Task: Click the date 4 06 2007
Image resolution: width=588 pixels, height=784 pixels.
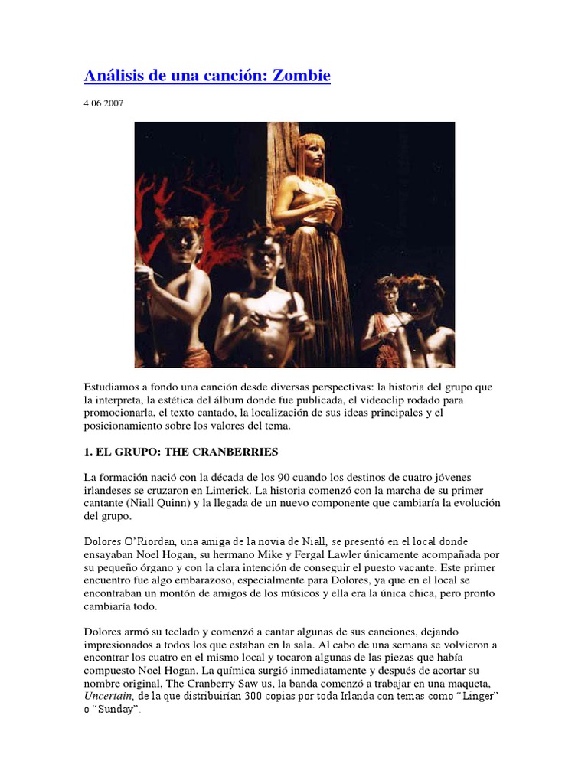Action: pyautogui.click(x=105, y=103)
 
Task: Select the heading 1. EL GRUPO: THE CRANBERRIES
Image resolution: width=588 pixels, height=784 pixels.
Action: pyautogui.click(x=181, y=451)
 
